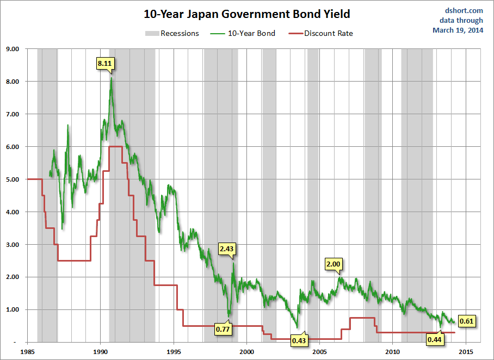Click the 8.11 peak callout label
(104, 64)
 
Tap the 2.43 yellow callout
(226, 249)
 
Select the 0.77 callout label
(223, 329)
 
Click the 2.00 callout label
(333, 264)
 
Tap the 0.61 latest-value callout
(467, 321)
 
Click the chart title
(247, 14)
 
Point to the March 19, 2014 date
(458, 30)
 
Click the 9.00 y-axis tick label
(12, 49)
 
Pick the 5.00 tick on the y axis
(12, 179)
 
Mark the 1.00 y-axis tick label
(12, 310)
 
